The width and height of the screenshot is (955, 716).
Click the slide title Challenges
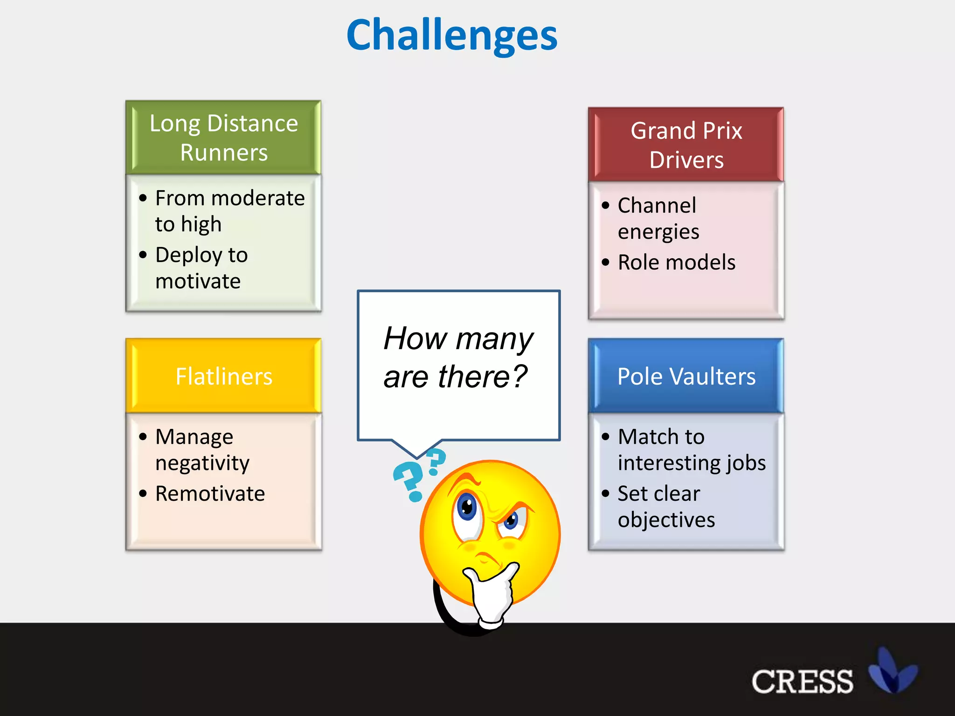(451, 35)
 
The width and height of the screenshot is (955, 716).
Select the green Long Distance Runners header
(223, 138)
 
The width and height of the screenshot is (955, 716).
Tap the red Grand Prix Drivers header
(686, 145)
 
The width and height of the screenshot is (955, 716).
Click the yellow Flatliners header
(223, 376)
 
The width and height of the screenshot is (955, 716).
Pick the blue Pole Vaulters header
(686, 376)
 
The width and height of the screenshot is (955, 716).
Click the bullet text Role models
(676, 262)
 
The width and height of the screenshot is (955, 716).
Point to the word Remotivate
(210, 494)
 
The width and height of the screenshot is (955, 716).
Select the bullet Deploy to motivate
(201, 268)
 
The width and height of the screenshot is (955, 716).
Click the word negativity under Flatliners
(202, 463)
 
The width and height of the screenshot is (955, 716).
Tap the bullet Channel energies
(657, 218)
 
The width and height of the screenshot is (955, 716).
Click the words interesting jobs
(692, 463)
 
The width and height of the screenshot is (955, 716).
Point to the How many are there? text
(457, 357)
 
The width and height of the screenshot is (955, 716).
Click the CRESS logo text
(802, 682)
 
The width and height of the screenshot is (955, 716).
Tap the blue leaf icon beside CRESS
(892, 671)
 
